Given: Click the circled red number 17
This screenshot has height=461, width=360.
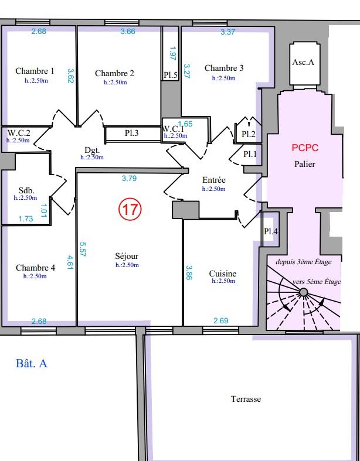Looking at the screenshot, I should (130, 209).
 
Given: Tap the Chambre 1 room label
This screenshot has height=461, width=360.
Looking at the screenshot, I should (35, 71).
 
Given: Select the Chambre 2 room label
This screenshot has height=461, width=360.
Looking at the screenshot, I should (114, 73).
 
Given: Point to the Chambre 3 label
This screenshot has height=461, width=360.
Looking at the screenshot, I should (224, 69).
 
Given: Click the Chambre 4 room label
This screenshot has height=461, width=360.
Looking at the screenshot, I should (35, 268).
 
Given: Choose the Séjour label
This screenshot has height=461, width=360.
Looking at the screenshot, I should (127, 256).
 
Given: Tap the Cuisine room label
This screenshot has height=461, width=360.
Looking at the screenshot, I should (223, 274).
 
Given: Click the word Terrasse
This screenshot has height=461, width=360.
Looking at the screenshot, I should (246, 399).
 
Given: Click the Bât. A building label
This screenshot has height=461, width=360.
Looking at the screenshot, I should (31, 364).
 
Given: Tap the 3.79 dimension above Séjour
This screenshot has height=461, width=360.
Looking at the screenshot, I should (129, 178).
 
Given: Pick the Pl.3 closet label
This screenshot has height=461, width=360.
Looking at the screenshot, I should (132, 133).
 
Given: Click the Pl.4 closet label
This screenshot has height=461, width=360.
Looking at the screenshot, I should (270, 231).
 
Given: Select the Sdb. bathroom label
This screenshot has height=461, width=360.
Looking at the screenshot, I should (26, 191).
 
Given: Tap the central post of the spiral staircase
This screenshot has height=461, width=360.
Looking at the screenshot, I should (303, 292).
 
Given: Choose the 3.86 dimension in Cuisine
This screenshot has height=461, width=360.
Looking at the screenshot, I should (189, 272).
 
